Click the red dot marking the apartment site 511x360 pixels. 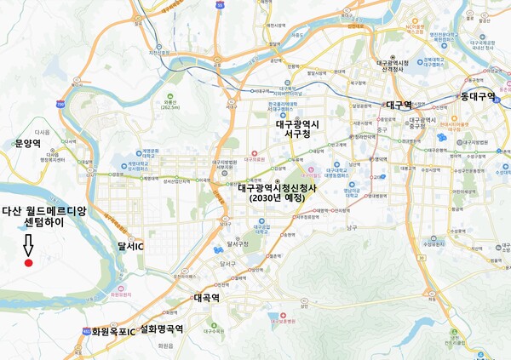pos(28,264)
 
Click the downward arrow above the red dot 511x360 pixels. pos(28,245)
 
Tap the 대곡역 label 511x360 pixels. pos(207,299)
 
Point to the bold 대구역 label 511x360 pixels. pos(399,105)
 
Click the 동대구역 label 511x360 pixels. pos(479,96)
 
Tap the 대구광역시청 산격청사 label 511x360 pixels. pos(393,67)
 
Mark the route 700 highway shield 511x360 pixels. pos(60,103)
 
